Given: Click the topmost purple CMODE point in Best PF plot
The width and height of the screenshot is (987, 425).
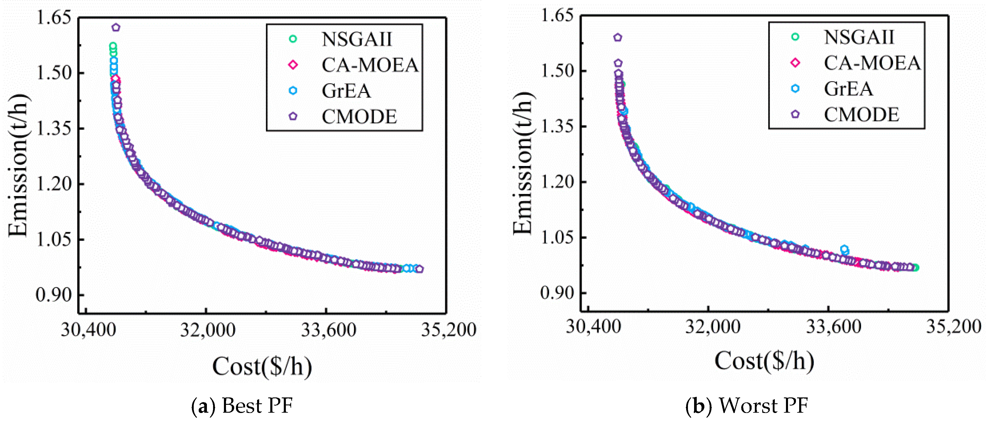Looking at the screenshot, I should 116,28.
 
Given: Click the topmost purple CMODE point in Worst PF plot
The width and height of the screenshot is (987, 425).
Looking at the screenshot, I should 617,38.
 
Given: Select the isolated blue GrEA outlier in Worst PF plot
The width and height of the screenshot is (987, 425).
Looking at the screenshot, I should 844,249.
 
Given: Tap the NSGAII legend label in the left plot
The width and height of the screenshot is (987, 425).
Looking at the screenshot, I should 357,39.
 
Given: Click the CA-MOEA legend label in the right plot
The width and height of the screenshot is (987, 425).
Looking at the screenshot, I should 872,63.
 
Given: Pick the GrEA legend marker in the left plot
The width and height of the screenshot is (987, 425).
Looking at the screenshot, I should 293,91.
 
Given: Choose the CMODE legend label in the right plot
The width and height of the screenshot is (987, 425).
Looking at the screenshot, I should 861,114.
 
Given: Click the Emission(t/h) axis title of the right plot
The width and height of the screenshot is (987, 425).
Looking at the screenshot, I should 523,163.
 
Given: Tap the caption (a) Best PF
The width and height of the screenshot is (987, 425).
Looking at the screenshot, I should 242,406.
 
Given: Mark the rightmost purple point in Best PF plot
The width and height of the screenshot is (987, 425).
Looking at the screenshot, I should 420,269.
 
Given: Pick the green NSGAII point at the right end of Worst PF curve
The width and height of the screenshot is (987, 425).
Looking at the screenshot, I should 915,267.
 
